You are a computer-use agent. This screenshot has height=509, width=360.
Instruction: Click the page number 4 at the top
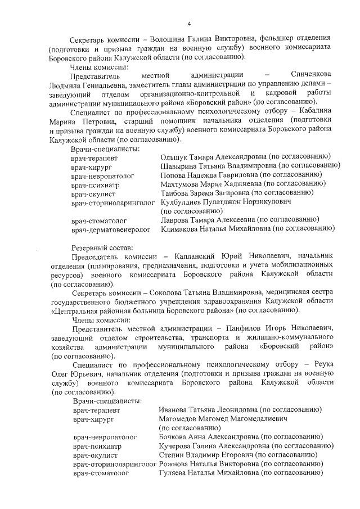pyautogui.click(x=189, y=24)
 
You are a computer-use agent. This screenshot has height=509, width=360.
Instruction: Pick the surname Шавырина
pyautogui.click(x=178, y=166)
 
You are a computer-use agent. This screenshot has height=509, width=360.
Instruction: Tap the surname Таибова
pyautogui.click(x=175, y=193)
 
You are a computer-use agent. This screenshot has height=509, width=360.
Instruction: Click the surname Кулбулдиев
pyautogui.click(x=182, y=202)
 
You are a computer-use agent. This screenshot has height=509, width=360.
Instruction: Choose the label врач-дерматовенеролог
pyautogui.click(x=111, y=229)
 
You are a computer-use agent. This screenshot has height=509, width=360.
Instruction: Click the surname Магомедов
pyautogui.click(x=181, y=419)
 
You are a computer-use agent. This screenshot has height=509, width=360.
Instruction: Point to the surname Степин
pyautogui.click(x=172, y=455)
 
